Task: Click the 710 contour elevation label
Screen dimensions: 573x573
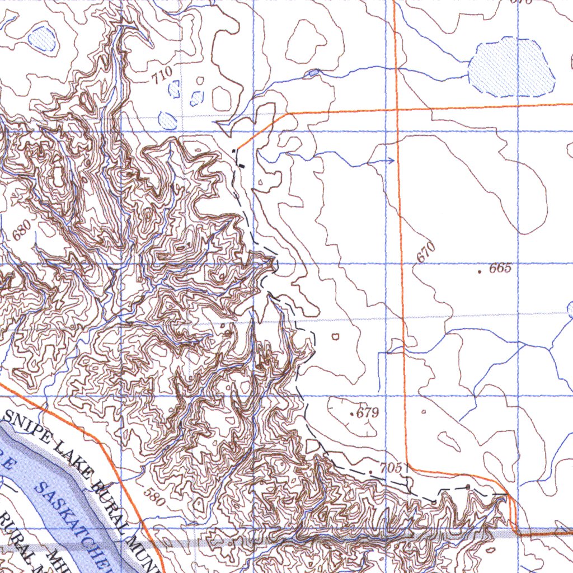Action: tap(161, 74)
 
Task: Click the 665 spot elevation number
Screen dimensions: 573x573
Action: tap(500, 268)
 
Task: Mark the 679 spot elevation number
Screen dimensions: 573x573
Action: tap(368, 414)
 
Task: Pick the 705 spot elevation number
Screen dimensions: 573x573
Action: tap(391, 468)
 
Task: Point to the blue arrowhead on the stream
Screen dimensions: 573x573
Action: tap(391, 161)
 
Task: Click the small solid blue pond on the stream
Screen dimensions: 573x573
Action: tap(313, 73)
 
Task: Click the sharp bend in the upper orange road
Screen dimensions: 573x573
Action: tap(288, 114)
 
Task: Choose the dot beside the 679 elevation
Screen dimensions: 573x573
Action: tap(351, 415)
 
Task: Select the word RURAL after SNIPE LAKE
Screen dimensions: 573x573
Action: tap(112, 495)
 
